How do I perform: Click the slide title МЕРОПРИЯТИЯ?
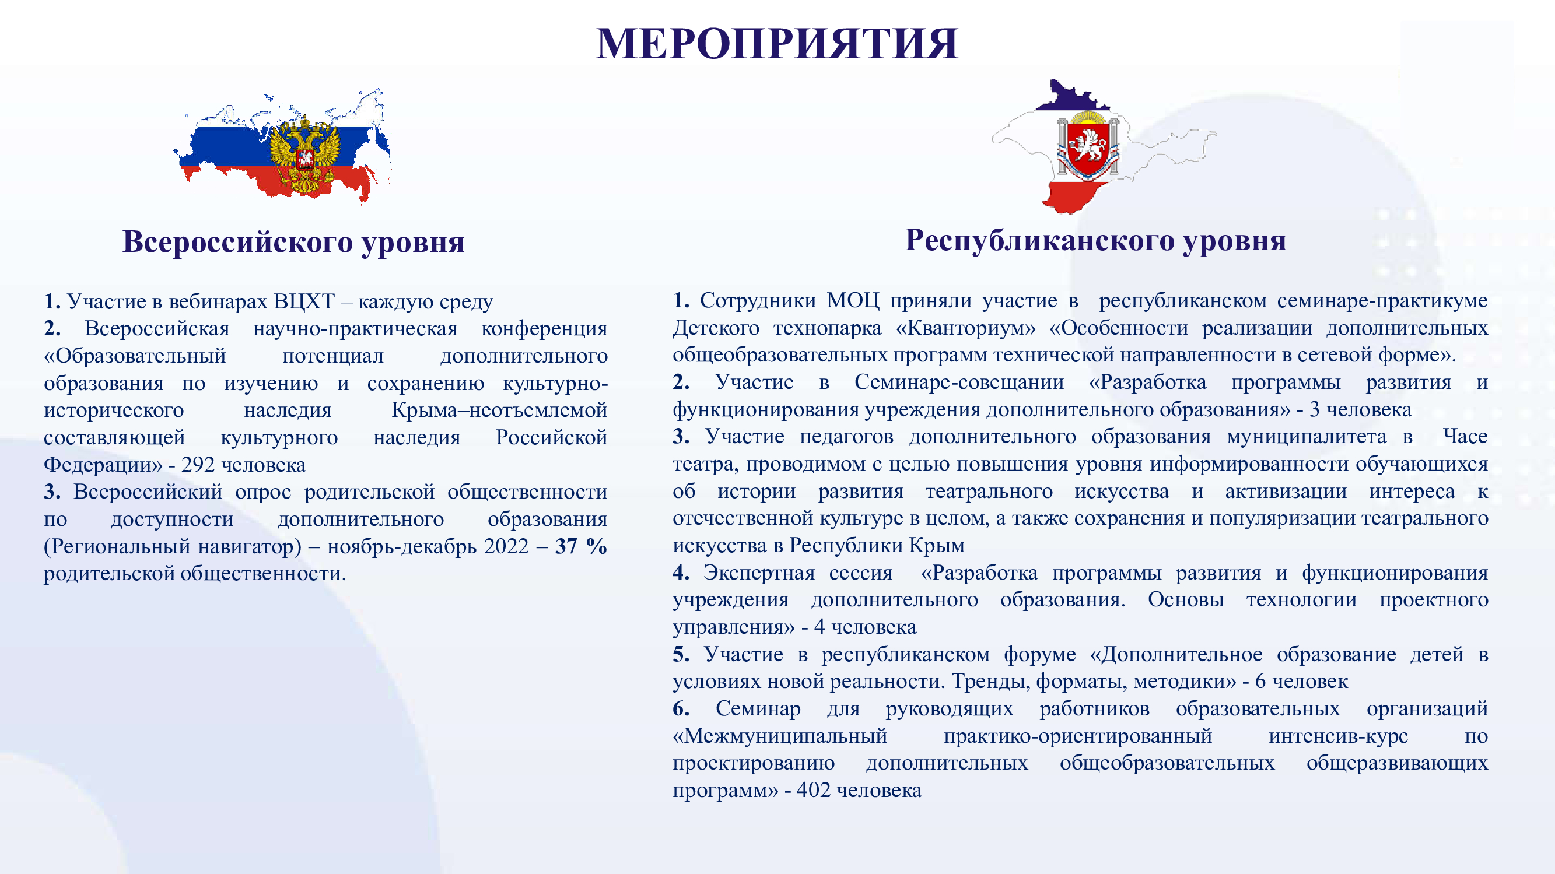coord(777,44)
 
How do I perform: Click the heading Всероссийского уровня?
coord(293,243)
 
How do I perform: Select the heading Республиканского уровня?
coord(1095,241)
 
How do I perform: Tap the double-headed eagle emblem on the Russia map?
coord(304,156)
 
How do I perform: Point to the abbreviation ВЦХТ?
coord(304,301)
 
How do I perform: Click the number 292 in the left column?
coord(198,464)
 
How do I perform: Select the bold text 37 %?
coord(581,546)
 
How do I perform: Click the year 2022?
coord(506,546)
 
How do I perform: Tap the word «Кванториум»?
coord(966,328)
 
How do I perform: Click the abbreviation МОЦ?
coord(853,300)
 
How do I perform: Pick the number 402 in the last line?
coord(814,789)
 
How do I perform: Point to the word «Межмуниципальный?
coord(780,736)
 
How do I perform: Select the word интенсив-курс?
coord(1338,736)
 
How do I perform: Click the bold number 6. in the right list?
coord(681,708)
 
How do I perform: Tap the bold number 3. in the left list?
coord(52,492)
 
